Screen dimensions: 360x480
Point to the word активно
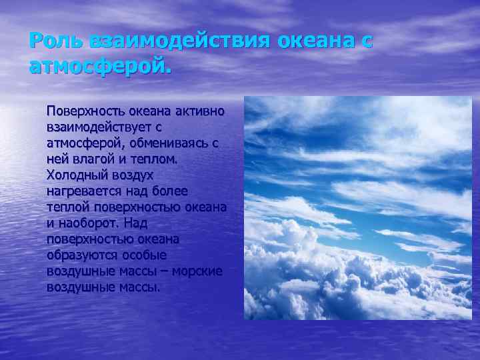[x=197, y=109]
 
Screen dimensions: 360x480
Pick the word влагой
[x=90, y=159]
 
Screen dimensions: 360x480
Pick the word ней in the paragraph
[x=57, y=159]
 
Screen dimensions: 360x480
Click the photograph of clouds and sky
[x=357, y=207]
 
